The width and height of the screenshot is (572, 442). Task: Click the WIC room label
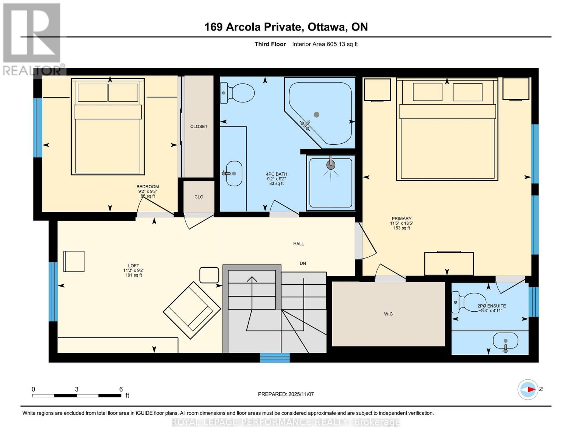(x=388, y=314)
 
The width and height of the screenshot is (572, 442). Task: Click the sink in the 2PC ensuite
(x=506, y=342)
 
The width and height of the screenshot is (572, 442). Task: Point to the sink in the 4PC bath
(x=234, y=173)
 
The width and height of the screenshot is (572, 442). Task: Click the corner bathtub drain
(x=316, y=115)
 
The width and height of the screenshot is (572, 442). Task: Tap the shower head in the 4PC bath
(x=331, y=165)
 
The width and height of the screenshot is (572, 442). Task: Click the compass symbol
(x=528, y=389)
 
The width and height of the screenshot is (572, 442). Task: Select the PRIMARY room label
(x=401, y=219)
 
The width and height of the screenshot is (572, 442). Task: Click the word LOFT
(x=133, y=266)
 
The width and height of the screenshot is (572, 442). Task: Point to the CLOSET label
(x=199, y=126)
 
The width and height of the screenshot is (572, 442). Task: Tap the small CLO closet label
(x=199, y=197)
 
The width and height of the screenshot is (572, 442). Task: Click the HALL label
(x=298, y=244)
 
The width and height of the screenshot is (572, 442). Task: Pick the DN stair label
(x=303, y=263)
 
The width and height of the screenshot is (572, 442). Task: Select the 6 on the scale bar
(x=121, y=389)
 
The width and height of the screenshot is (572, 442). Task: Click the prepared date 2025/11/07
(x=301, y=394)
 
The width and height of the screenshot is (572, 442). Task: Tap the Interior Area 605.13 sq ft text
(x=325, y=44)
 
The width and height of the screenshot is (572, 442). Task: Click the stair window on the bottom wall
(x=275, y=358)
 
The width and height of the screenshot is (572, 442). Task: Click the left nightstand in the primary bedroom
(x=377, y=90)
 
